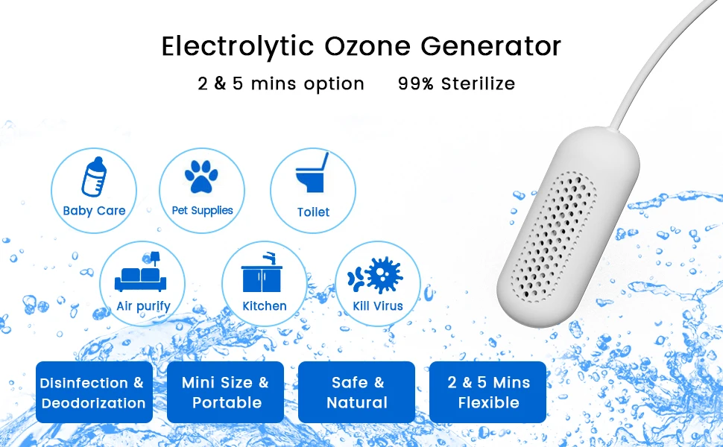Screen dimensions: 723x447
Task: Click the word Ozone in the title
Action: [367, 45]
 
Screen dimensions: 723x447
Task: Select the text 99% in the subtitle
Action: [416, 83]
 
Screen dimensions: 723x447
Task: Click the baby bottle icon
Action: [94, 177]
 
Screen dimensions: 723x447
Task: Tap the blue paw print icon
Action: [201, 176]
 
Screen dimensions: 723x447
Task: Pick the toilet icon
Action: [312, 172]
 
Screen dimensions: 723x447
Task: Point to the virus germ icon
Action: [375, 275]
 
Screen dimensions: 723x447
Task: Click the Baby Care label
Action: [94, 211]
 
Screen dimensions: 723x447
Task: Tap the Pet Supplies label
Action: [203, 211]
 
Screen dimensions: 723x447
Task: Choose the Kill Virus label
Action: [378, 306]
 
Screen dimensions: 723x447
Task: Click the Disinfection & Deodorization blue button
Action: [94, 392]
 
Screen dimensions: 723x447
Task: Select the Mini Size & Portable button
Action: [226, 392]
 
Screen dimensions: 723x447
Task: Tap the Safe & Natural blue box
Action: [357, 392]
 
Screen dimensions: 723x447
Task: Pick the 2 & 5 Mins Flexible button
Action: [488, 392]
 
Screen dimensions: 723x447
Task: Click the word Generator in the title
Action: [490, 45]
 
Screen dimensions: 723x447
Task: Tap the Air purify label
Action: [143, 306]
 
